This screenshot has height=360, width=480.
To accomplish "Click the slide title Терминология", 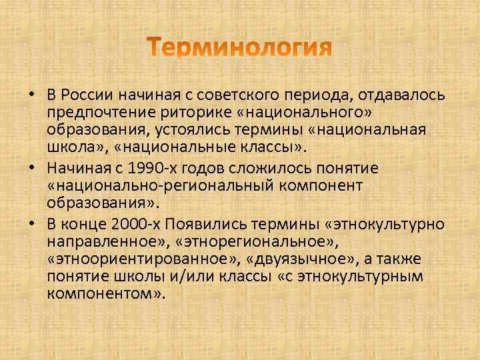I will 240,49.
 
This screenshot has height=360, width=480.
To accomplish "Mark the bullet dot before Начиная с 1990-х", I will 31,166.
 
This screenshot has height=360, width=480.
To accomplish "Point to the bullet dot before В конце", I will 31,222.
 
